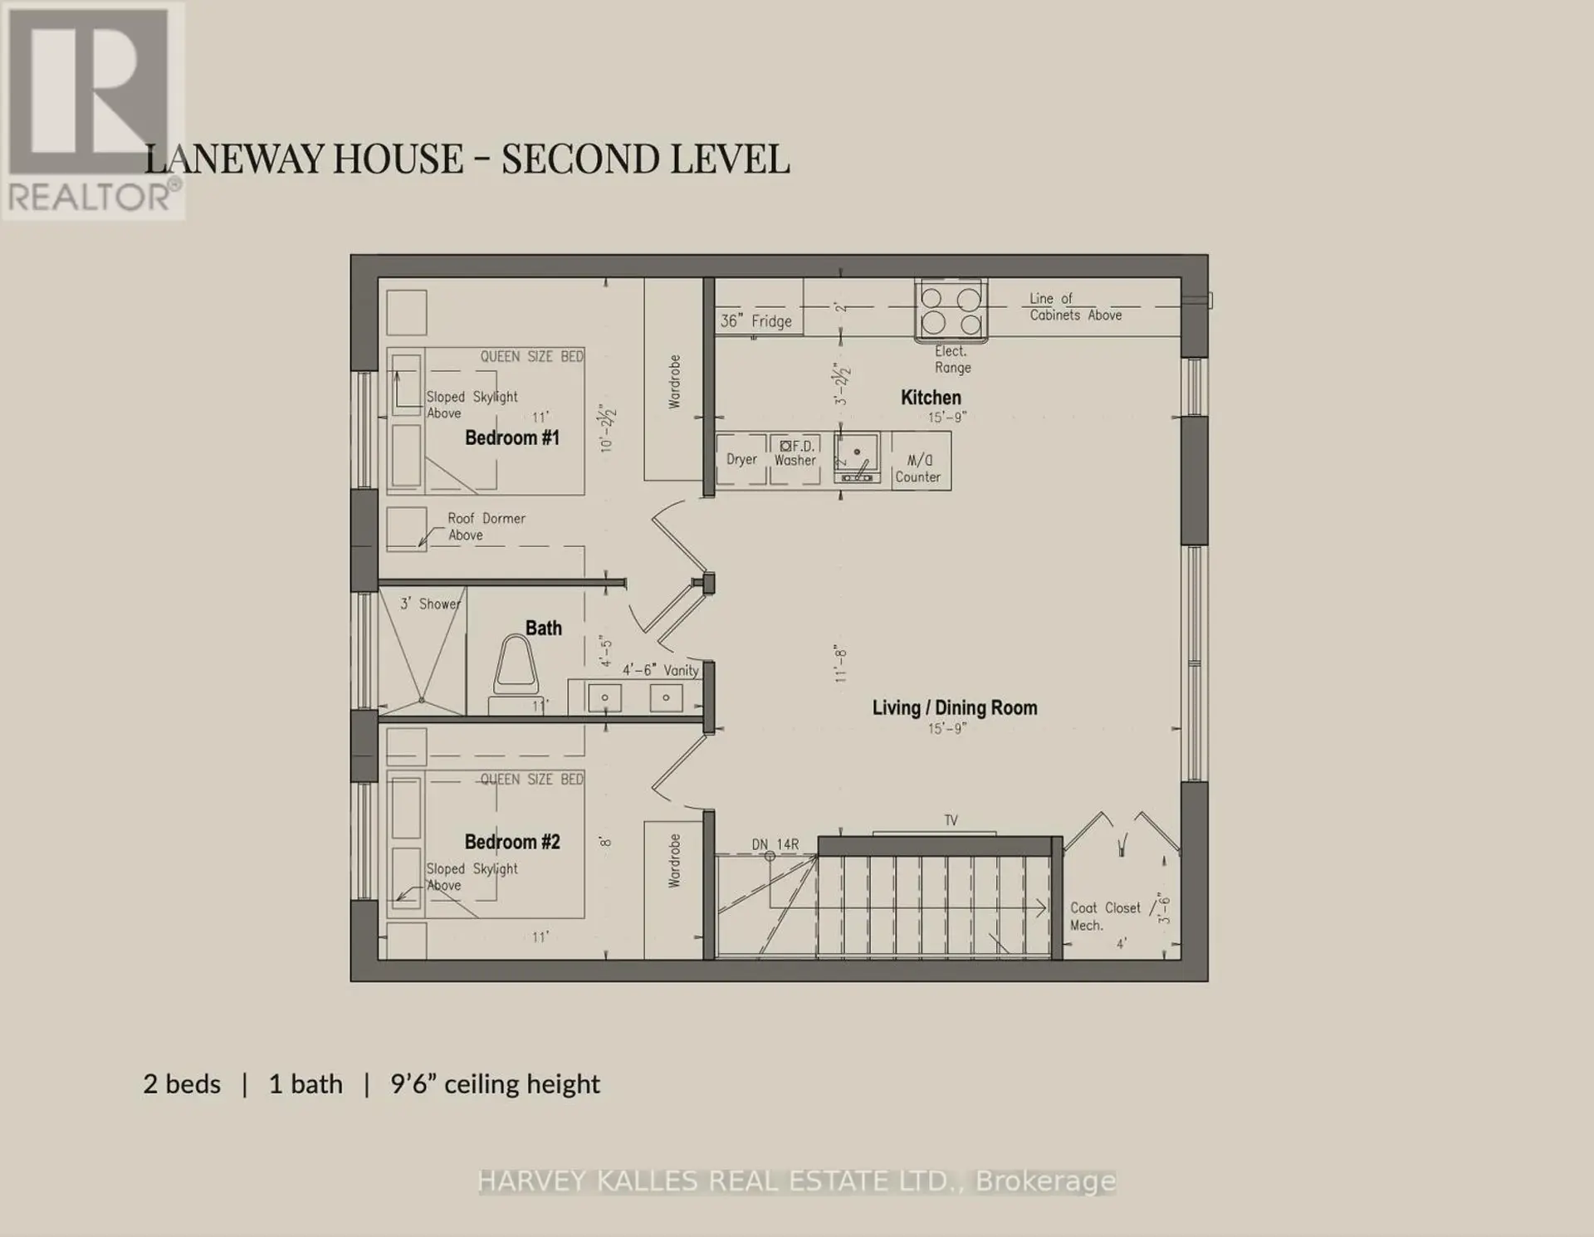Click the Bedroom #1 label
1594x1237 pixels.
(x=512, y=438)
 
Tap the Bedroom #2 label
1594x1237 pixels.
(x=512, y=842)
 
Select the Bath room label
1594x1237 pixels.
(x=544, y=628)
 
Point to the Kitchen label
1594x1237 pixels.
(x=931, y=398)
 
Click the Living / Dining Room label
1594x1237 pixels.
(x=955, y=708)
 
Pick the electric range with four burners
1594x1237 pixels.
(x=951, y=310)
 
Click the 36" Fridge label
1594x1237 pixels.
(x=755, y=321)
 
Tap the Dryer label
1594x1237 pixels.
(x=741, y=460)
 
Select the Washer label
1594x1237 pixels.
(x=795, y=461)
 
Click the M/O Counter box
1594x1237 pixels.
(x=920, y=461)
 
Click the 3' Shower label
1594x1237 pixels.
(x=430, y=604)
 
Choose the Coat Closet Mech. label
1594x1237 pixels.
(x=1105, y=917)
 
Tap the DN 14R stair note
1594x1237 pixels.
(x=775, y=845)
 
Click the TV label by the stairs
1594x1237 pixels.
(x=951, y=821)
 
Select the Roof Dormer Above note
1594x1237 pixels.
(x=486, y=526)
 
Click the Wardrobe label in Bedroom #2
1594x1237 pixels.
(x=674, y=861)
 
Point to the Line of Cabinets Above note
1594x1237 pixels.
(x=1075, y=306)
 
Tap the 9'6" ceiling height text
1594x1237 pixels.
(x=495, y=1084)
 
